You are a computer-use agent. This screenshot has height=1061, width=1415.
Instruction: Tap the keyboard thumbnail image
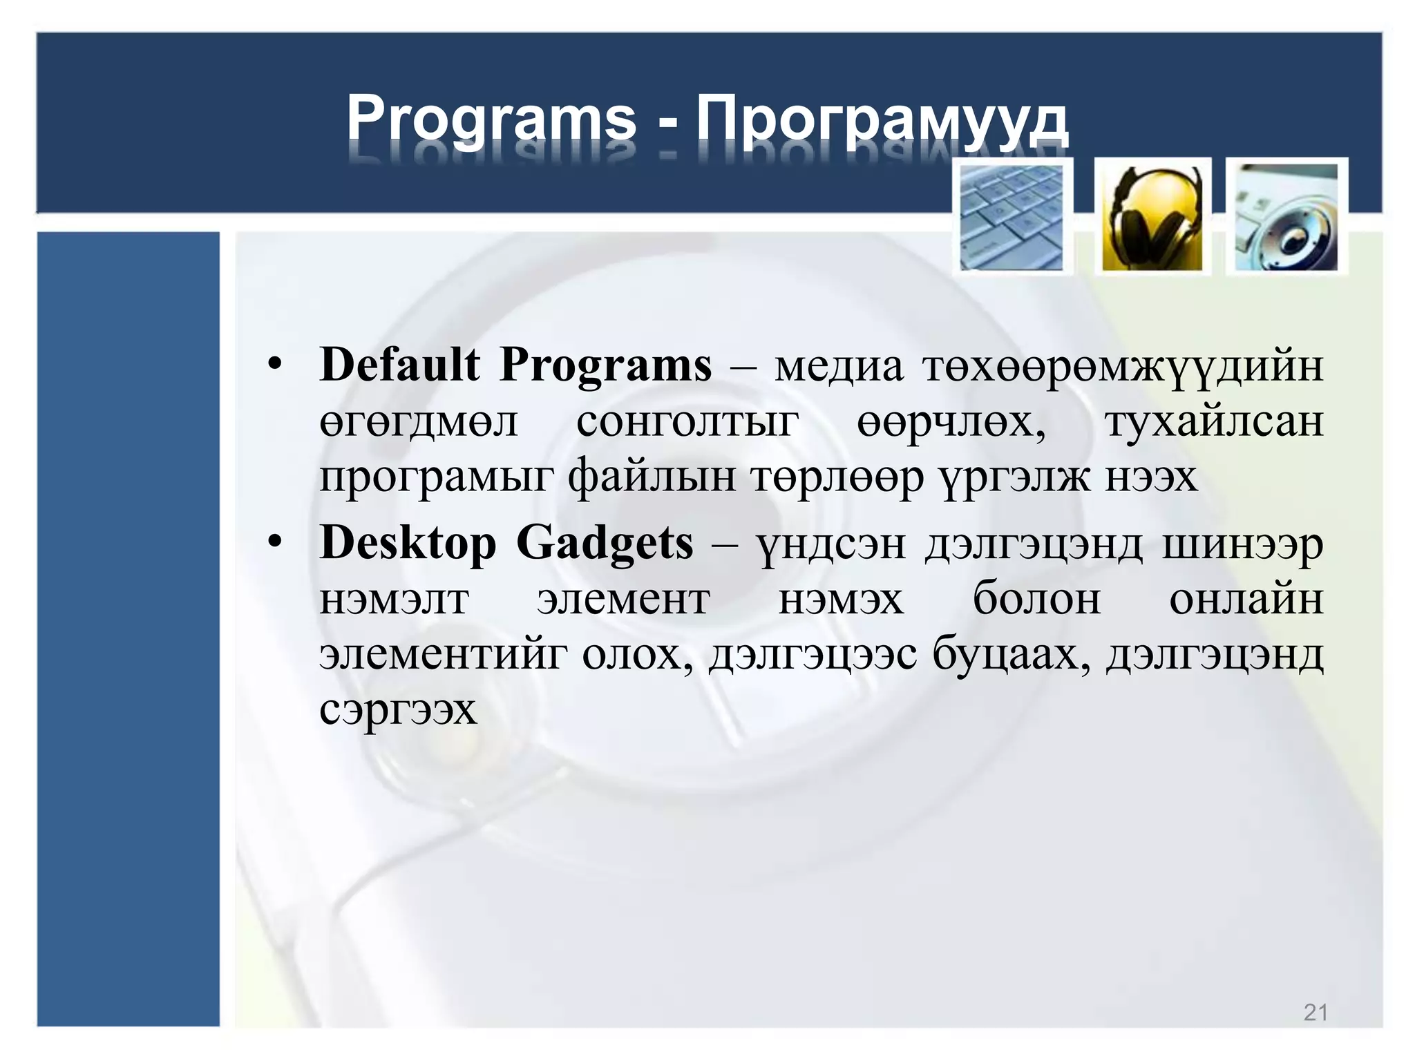(x=1012, y=217)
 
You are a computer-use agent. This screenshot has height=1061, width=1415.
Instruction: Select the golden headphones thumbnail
(x=1152, y=217)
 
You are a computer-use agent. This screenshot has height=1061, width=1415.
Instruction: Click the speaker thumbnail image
(x=1286, y=217)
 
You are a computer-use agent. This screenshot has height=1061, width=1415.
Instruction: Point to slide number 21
(x=1316, y=1012)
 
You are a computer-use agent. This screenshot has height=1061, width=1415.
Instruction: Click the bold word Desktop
(x=408, y=544)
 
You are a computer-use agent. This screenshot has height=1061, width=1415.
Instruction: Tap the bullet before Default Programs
(x=276, y=365)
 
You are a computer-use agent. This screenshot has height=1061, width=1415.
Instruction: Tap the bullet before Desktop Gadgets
(x=276, y=544)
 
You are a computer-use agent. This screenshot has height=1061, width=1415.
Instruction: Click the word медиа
(x=838, y=366)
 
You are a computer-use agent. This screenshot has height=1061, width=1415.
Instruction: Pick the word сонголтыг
(x=687, y=423)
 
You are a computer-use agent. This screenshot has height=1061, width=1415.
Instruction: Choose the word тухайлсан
(x=1214, y=421)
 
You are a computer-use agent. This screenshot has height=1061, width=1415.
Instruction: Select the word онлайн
(x=1246, y=599)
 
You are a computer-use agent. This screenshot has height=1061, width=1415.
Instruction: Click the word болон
(x=1036, y=599)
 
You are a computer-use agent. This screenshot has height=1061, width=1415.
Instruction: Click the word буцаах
(x=1011, y=653)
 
